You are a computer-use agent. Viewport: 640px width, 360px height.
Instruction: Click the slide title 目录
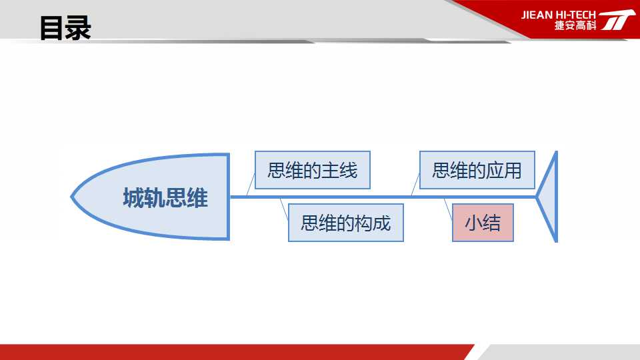[x=65, y=28]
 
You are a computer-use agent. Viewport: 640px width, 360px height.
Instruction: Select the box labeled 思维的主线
[x=313, y=170]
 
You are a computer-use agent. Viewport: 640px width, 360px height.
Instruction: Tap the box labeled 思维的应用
[x=477, y=170]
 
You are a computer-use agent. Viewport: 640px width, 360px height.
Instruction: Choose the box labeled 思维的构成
[x=346, y=223]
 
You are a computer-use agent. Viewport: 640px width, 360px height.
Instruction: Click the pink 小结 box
[x=483, y=223]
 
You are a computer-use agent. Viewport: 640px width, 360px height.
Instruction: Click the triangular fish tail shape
[x=548, y=197]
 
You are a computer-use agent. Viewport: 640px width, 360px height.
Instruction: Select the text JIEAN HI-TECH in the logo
[x=559, y=15]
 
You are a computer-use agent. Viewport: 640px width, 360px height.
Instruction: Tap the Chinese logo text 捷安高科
[x=575, y=25]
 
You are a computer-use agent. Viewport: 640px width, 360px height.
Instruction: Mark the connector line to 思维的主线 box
[x=251, y=185]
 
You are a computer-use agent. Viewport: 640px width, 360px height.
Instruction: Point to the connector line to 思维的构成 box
[x=285, y=209]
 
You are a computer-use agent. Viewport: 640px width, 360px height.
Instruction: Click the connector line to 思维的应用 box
[x=415, y=185]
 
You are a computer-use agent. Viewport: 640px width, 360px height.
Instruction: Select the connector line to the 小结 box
[x=448, y=209]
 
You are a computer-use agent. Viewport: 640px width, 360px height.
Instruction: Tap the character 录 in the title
[x=79, y=28]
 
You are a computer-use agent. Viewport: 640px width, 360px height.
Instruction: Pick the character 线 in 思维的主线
[x=349, y=170]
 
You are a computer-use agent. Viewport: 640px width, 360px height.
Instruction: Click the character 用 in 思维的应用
[x=513, y=170]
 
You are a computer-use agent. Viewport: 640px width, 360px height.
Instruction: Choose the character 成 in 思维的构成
[x=382, y=223]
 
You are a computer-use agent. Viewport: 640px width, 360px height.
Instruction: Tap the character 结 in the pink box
[x=492, y=223]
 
